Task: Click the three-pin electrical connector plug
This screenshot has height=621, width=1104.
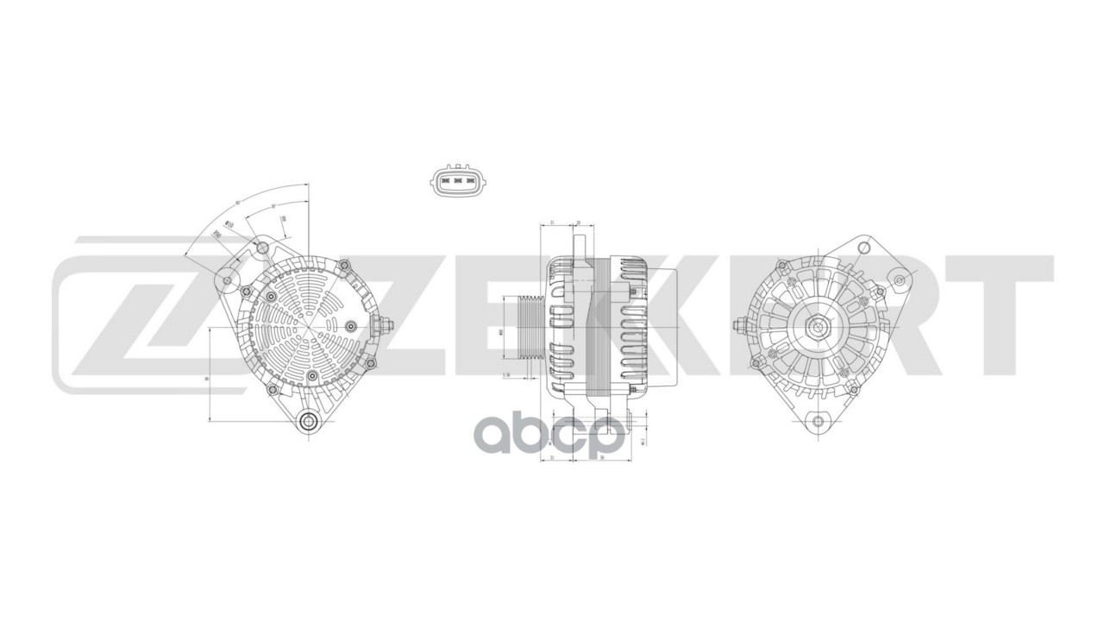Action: (459, 181)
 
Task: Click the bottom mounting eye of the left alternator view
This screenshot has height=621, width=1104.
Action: (308, 422)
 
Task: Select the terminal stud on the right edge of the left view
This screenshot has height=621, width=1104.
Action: (384, 326)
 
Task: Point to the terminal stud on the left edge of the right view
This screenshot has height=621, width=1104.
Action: (739, 326)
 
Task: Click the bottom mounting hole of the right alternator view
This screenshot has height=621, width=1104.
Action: (819, 422)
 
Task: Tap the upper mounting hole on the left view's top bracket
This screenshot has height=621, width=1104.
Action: (262, 250)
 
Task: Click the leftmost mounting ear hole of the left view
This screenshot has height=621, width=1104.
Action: (227, 280)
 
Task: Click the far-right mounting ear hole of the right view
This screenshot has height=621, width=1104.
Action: (900, 279)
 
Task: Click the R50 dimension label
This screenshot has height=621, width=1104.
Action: (218, 234)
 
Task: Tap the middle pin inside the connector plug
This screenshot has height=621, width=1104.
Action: (459, 182)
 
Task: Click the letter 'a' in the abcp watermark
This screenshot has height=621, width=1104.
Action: (499, 438)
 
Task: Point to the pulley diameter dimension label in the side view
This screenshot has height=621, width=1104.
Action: (501, 331)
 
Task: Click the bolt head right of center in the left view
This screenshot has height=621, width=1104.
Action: (351, 326)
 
